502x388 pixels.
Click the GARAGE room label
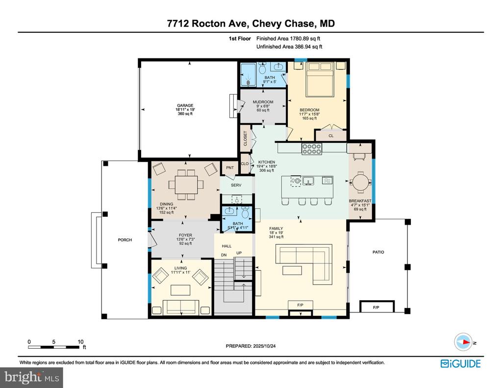pyautogui.click(x=185, y=105)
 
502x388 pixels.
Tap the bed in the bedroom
pyautogui.click(x=319, y=80)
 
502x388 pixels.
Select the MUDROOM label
pyautogui.click(x=263, y=102)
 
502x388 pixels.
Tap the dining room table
pyautogui.click(x=185, y=185)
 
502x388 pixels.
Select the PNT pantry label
pyautogui.click(x=229, y=168)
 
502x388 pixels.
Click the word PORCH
pyautogui.click(x=125, y=240)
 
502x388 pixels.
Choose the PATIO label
pyautogui.click(x=378, y=252)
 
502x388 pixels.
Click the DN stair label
pyautogui.click(x=224, y=255)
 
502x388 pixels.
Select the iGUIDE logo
pyautogui.click(x=460, y=363)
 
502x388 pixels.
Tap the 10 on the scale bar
pyautogui.click(x=80, y=342)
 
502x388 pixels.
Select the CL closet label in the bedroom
pyautogui.click(x=331, y=136)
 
